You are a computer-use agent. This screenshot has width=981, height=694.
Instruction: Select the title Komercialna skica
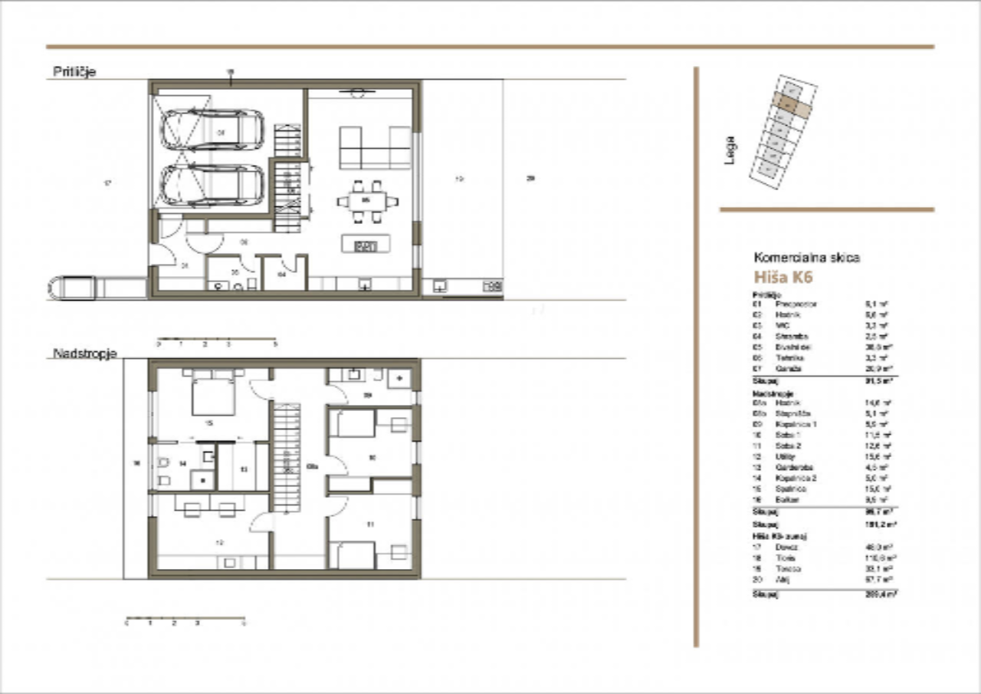[x=807, y=258]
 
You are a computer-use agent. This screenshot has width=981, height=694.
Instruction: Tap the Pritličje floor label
[x=74, y=72]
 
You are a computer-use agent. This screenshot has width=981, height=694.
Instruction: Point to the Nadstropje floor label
[x=84, y=354]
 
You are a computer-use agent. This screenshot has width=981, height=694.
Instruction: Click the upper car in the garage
[x=212, y=129]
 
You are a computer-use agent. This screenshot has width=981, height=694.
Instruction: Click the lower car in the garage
[x=212, y=186]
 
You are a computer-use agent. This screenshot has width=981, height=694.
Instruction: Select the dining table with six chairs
[x=367, y=202]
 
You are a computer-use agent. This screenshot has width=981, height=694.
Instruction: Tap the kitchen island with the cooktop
[x=366, y=245]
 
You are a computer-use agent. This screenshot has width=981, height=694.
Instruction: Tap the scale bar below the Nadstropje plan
[x=185, y=617]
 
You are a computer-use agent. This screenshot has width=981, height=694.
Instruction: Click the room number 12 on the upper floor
[x=220, y=541]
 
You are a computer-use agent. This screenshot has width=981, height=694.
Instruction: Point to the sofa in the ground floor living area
[x=375, y=147]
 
